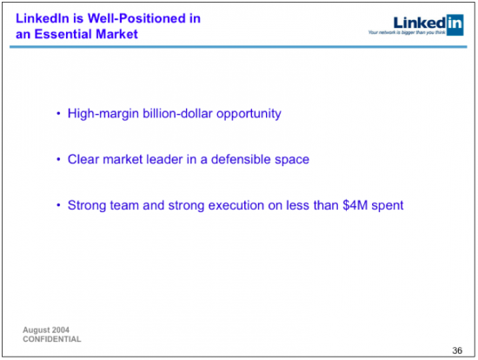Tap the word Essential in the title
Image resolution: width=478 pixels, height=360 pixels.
63,34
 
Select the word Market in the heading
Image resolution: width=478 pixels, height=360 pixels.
116,34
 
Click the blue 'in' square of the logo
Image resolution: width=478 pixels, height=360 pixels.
455,24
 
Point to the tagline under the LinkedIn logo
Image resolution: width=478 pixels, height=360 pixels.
407,32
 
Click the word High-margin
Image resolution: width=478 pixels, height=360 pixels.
103,114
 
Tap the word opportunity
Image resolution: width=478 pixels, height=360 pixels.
249,114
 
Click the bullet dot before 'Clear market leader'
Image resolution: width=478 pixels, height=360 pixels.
58,159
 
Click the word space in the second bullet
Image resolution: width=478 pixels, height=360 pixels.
292,160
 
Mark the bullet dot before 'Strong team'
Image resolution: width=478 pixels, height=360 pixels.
58,205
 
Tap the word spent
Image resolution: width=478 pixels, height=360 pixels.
387,206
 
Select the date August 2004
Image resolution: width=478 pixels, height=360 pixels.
46,330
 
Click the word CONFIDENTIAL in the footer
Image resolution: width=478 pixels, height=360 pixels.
52,339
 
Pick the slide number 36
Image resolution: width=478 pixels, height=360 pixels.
457,350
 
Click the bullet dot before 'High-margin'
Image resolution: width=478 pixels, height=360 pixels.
58,114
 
